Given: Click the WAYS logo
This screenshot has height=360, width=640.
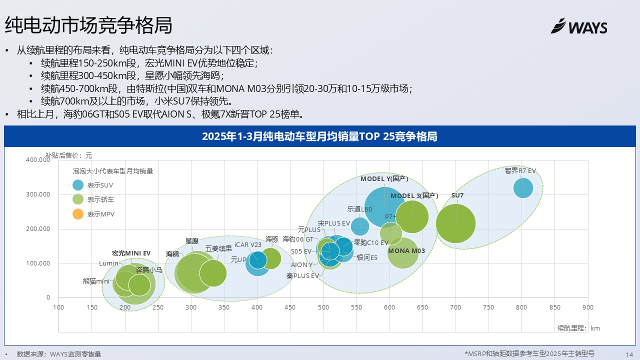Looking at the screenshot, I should [579, 26].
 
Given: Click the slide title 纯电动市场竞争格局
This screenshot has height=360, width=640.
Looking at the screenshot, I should [88, 25].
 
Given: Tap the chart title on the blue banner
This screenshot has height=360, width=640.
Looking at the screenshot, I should [319, 136].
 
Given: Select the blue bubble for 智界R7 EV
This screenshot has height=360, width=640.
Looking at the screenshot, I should [523, 188].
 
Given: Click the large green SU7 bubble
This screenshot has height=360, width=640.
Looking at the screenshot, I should [455, 223].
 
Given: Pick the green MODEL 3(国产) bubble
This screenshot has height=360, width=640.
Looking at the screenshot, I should [412, 216].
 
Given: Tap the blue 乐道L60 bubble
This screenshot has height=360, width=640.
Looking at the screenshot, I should [360, 226].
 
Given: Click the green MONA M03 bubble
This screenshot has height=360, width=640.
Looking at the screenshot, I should [403, 252].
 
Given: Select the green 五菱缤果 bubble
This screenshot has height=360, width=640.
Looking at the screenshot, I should [213, 273].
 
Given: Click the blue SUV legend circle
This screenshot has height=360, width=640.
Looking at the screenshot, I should [78, 185].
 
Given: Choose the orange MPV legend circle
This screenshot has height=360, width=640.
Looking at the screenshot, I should [78, 214].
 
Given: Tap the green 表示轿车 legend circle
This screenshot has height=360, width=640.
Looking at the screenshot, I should [78, 199].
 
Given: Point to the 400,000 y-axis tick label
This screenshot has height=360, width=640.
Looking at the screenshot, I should [37, 160].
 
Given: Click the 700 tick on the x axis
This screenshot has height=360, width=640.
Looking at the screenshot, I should [455, 307].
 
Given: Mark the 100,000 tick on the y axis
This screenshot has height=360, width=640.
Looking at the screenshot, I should [37, 263].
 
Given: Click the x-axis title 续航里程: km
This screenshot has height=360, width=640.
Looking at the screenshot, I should [578, 328].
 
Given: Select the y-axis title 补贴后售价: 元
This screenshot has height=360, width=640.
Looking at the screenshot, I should [69, 155].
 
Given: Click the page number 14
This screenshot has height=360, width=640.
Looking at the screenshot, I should [629, 353].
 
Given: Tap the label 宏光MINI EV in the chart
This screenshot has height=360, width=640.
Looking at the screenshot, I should [131, 253].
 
